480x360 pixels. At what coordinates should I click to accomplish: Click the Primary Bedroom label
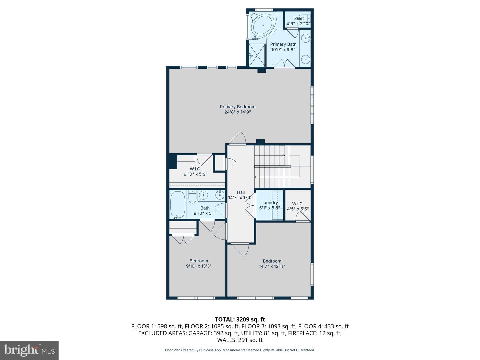coord(237,107)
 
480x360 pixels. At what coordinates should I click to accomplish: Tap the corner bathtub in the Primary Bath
coord(263,26)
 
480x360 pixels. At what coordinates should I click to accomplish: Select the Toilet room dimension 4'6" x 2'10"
coord(298,24)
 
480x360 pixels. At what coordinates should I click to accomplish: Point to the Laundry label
coord(269,203)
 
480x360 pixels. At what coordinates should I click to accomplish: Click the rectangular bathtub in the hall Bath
coord(178,205)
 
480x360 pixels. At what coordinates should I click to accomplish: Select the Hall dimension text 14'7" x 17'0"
coord(241,197)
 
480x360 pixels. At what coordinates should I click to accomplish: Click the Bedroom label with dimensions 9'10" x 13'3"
coord(199,261)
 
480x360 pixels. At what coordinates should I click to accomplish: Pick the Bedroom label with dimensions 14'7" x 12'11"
coord(272,261)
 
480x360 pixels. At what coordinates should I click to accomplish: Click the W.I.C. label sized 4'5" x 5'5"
coord(298,204)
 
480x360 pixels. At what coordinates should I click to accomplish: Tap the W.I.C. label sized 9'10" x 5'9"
coord(195,169)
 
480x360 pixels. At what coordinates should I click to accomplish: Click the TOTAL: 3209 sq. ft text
coord(240,319)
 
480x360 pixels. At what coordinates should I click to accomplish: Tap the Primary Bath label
coord(283,44)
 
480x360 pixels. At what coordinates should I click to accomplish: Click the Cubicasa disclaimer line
coord(240,350)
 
